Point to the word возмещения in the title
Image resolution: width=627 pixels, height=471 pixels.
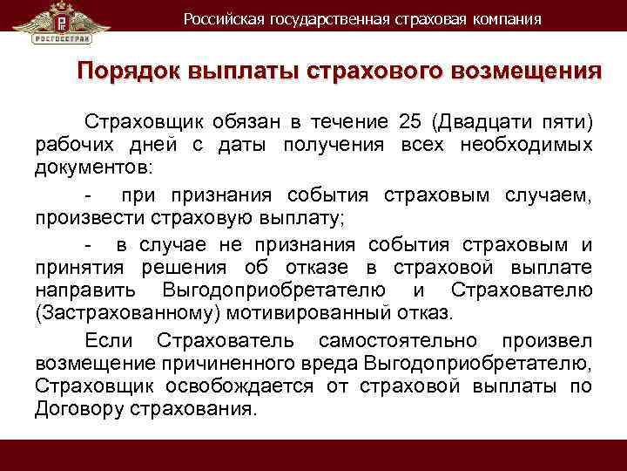[x=524, y=71]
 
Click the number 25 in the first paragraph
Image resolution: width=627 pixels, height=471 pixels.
[x=409, y=120]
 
